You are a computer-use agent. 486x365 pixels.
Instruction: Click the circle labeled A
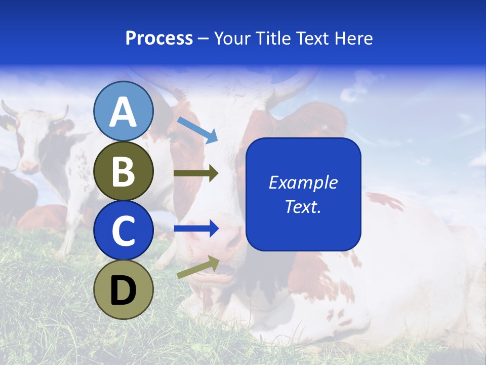tap(123, 111)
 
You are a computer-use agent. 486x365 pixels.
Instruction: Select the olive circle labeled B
tap(123, 171)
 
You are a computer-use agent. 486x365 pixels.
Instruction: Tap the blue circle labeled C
tap(123, 230)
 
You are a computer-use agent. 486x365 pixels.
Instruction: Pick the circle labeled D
tap(123, 289)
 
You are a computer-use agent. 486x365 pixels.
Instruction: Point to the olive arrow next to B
tap(196, 173)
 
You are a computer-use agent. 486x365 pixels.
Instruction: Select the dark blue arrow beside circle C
tap(196, 229)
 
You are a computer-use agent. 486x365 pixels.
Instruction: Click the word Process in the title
tap(159, 38)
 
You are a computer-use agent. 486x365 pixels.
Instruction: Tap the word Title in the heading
tap(272, 38)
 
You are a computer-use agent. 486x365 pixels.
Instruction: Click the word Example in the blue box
tap(303, 182)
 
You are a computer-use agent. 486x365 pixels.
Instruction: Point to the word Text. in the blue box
tap(303, 206)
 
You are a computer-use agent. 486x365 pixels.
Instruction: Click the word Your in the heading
tap(232, 38)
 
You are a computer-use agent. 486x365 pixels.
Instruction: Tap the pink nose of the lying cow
tap(228, 238)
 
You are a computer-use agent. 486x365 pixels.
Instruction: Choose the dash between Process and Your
tap(203, 39)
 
